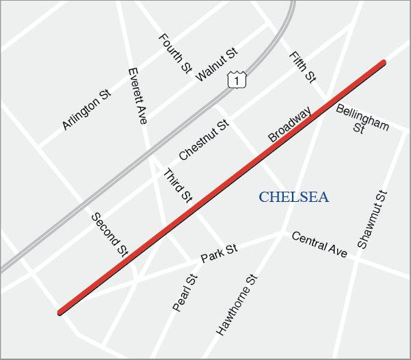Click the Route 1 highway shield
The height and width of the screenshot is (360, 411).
pos(237,79)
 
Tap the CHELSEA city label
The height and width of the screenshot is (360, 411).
pos(293,198)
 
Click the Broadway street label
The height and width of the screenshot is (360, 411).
pos(290,124)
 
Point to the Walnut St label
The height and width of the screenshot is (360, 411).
pos(216,64)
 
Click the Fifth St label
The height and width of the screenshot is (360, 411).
pos(302,67)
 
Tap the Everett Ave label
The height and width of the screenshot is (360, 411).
pos(137,95)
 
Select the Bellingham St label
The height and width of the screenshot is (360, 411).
pos(362,119)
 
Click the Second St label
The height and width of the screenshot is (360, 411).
pos(109,234)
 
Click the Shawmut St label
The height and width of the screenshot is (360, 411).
pos(372,219)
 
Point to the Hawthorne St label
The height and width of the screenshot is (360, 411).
pos(237,305)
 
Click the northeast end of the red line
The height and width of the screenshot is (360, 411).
pos(383,63)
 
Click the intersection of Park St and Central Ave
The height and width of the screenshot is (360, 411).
pos(281,233)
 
